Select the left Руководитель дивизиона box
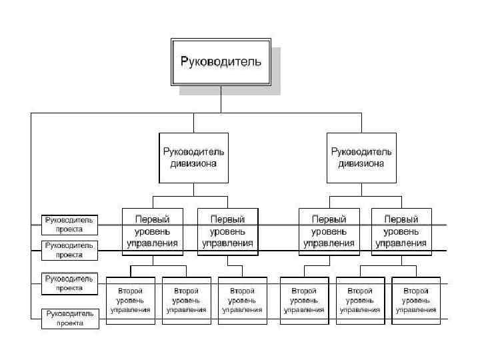click(x=194, y=157)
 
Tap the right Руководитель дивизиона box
click(x=361, y=157)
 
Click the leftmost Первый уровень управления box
click(x=153, y=231)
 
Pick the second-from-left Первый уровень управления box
click(x=227, y=231)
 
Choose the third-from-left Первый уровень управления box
click(x=329, y=231)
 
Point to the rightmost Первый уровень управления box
click(x=401, y=231)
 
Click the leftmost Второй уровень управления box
click(x=130, y=300)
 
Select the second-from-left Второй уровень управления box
click(x=186, y=300)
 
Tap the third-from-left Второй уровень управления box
click(x=242, y=300)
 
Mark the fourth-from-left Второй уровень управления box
click(x=304, y=300)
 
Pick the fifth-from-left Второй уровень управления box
click(x=360, y=300)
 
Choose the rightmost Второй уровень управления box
click(x=416, y=300)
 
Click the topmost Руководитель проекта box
click(x=70, y=224)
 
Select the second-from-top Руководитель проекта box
click(x=70, y=250)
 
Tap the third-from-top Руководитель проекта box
click(x=70, y=283)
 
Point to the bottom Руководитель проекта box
click(x=70, y=318)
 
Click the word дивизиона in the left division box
click(x=194, y=163)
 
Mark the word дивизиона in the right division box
click(x=361, y=163)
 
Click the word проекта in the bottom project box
click(x=70, y=323)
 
